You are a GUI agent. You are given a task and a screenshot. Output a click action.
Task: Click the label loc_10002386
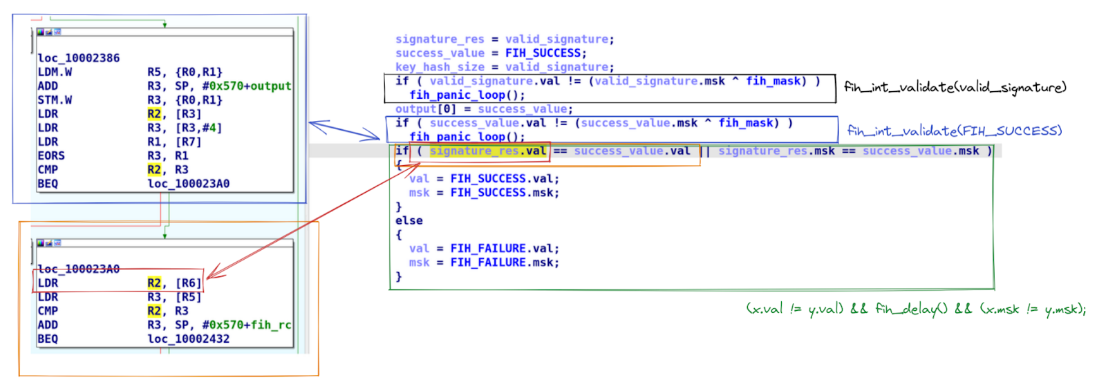[78, 58]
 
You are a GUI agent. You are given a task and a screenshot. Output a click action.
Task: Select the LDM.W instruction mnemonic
[55, 72]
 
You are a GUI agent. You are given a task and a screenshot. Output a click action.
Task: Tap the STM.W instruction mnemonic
[55, 100]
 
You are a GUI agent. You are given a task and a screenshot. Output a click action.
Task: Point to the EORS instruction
[51, 155]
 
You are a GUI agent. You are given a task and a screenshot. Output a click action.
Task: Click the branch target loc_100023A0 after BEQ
[188, 184]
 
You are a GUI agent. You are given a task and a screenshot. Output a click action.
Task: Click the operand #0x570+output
[246, 86]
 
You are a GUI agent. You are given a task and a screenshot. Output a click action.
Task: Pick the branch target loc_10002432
[188, 339]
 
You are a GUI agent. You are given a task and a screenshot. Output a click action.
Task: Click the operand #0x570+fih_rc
[246, 325]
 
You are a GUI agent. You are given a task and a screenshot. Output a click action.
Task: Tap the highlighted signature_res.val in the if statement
[487, 151]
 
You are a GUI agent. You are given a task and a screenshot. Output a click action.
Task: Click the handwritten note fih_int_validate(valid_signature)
[955, 87]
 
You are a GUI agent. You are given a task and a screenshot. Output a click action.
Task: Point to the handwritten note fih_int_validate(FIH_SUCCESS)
[954, 131]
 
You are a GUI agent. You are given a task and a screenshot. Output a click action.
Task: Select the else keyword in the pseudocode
[409, 221]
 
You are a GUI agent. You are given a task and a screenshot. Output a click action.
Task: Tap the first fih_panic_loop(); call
[467, 95]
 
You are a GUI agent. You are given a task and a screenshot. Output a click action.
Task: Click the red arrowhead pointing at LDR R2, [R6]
[209, 276]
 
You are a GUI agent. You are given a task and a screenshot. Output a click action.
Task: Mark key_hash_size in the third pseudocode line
[440, 67]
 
